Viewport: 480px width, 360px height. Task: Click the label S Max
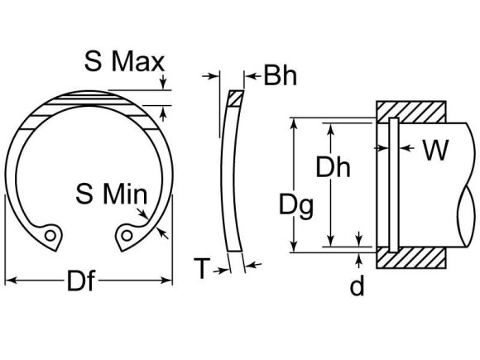[x=125, y=60]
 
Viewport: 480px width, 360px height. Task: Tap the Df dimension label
[x=80, y=283]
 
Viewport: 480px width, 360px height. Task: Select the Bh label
[x=281, y=77]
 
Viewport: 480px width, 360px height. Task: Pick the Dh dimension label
[x=334, y=168]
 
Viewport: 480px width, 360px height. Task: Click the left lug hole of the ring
[x=52, y=236]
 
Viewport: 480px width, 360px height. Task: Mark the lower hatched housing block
[x=411, y=258]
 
